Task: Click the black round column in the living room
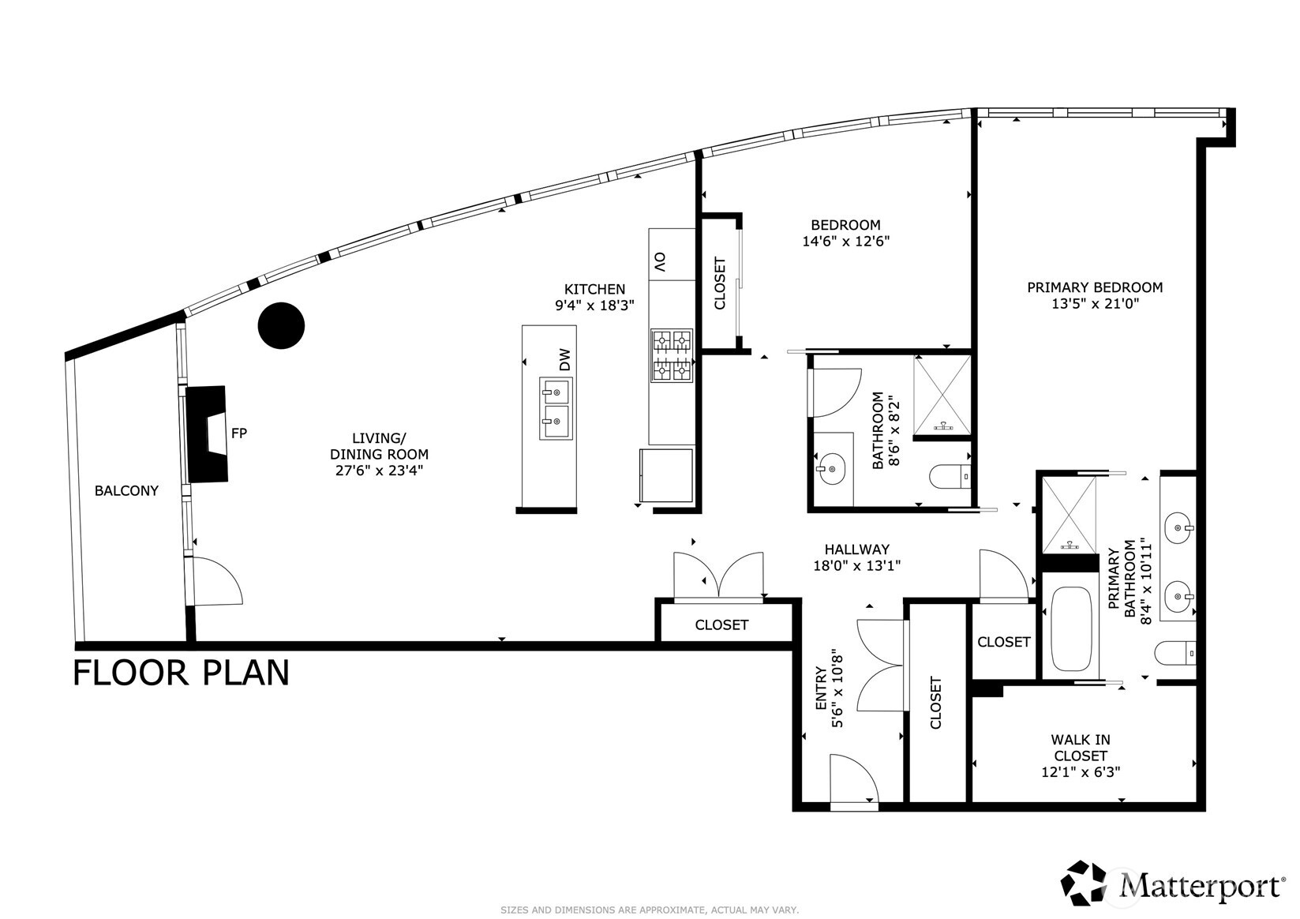click(x=282, y=325)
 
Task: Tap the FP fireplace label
click(x=239, y=433)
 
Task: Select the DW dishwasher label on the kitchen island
click(x=564, y=360)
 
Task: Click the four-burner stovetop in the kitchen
click(x=671, y=355)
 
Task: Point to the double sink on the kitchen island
click(x=555, y=408)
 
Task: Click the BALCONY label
click(x=126, y=490)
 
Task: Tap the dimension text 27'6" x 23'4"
click(x=379, y=471)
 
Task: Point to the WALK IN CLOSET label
click(x=1080, y=748)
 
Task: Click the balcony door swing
click(x=216, y=581)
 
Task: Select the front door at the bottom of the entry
click(x=853, y=782)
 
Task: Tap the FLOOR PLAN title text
click(x=181, y=673)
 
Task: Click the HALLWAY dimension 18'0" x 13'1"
click(x=856, y=565)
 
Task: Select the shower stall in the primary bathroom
click(x=1070, y=514)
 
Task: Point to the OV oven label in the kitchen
click(x=660, y=262)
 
